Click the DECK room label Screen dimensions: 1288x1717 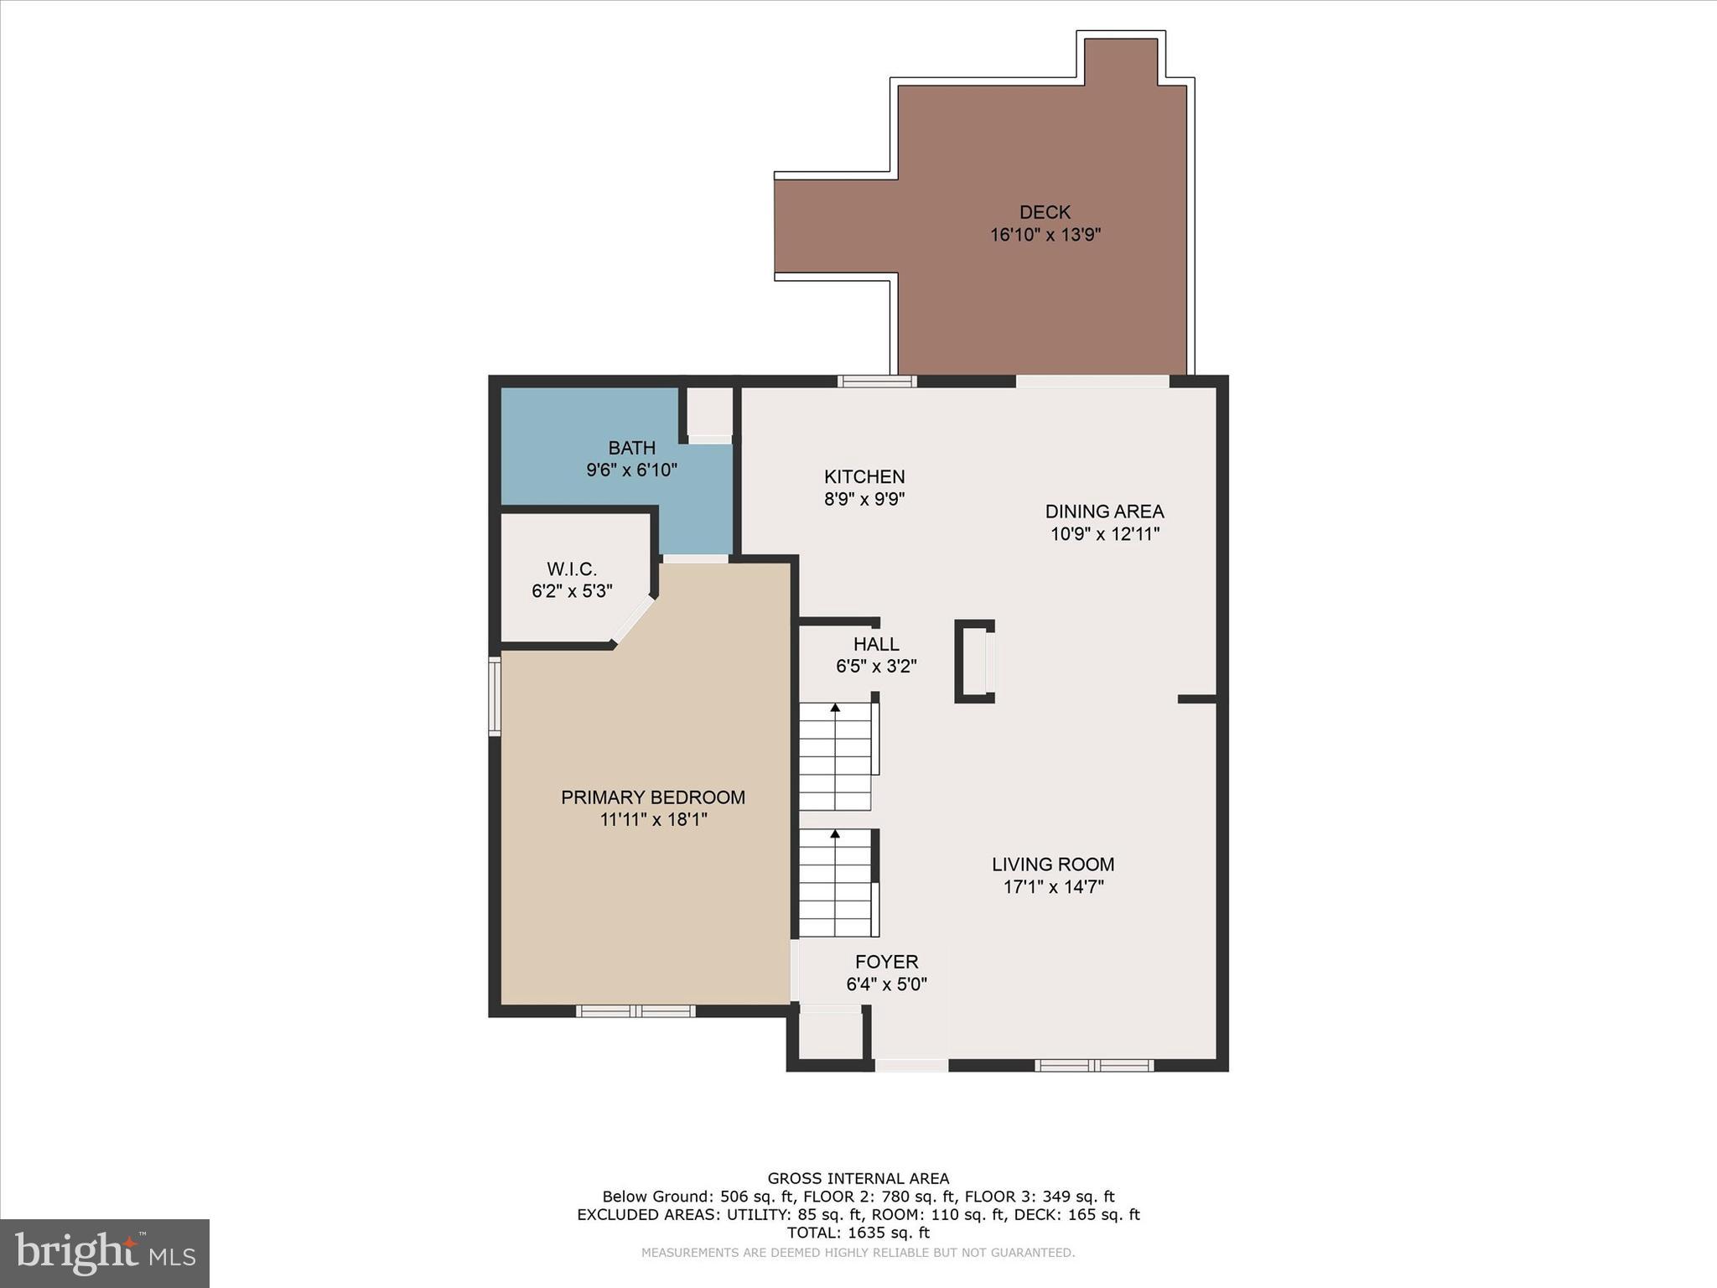1045,212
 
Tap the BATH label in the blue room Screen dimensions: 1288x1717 631,448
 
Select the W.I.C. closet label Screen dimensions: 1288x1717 572,569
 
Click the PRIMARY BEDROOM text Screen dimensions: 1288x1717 653,797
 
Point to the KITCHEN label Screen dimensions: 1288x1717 864,477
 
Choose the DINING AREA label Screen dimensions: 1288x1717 1104,512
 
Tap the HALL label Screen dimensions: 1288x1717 876,644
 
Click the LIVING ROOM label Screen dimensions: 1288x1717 1053,865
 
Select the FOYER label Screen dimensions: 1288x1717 886,962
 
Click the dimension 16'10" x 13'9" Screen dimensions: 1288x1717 1045,235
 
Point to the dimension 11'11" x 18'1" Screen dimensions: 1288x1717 653,819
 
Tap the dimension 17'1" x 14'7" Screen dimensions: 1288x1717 1053,887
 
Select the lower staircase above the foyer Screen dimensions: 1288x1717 835,883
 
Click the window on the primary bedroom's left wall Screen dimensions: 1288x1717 495,696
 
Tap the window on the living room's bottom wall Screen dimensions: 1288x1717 1093,1065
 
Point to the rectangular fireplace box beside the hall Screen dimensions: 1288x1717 974,661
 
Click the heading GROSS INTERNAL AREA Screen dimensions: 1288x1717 858,1179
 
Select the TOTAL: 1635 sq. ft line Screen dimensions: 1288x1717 858,1233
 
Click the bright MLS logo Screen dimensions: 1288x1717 105,1254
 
